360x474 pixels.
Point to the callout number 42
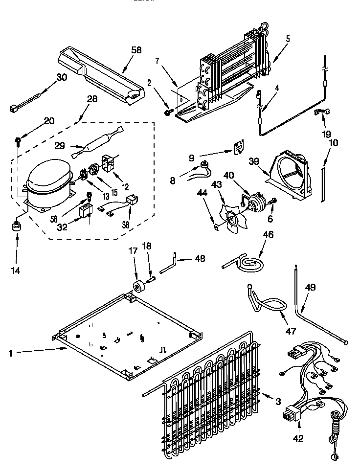click(x=298, y=438)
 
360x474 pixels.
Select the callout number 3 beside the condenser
click(x=278, y=402)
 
